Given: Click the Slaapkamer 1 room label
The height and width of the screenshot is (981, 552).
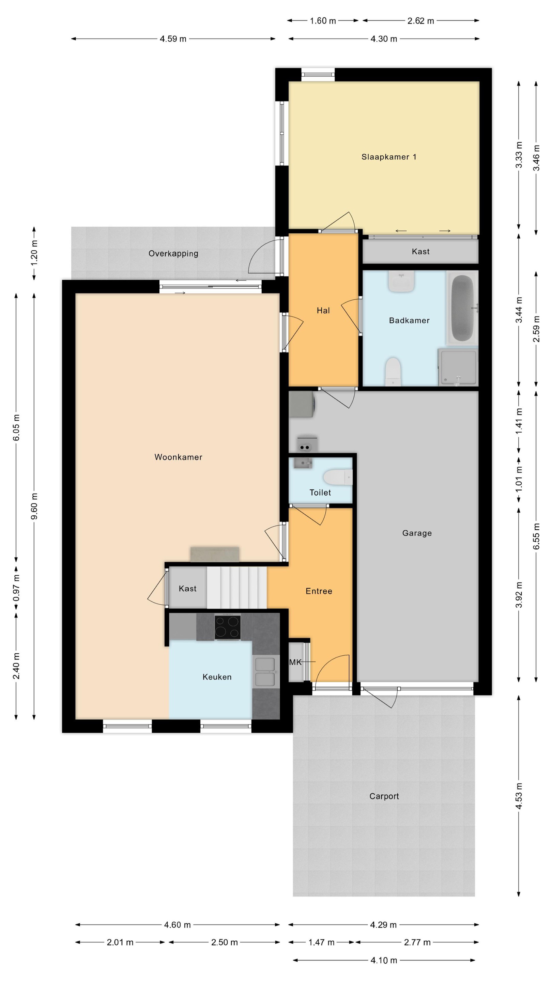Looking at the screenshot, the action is point(388,157).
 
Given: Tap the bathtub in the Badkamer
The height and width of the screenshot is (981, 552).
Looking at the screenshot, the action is point(462,308).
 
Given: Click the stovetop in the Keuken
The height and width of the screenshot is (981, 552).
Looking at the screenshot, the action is point(227,627).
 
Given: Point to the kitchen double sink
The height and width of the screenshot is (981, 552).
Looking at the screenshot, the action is point(265,672).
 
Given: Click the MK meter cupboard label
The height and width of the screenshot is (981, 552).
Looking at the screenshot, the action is point(295,662).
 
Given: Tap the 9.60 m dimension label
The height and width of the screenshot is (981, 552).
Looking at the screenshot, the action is point(34,506).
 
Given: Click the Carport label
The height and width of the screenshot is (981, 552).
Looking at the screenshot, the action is point(384,796).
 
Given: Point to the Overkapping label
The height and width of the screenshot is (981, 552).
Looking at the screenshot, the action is point(173,254).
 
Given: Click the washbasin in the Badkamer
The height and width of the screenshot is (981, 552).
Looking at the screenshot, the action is point(401,281).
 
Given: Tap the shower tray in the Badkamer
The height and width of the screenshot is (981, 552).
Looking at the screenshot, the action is point(458,367).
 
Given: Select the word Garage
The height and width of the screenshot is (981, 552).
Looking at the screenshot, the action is point(417,533).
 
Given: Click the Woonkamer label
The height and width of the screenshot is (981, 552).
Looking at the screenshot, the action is point(178,457).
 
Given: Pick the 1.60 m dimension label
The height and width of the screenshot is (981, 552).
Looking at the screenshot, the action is point(323,21).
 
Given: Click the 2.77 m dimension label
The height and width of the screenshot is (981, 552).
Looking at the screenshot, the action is point(417,942).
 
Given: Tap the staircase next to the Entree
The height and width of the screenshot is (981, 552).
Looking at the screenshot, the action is point(236,588).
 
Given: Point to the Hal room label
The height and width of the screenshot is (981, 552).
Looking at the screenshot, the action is point(323,310).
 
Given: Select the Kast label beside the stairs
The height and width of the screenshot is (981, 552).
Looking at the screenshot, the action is point(187,588).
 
